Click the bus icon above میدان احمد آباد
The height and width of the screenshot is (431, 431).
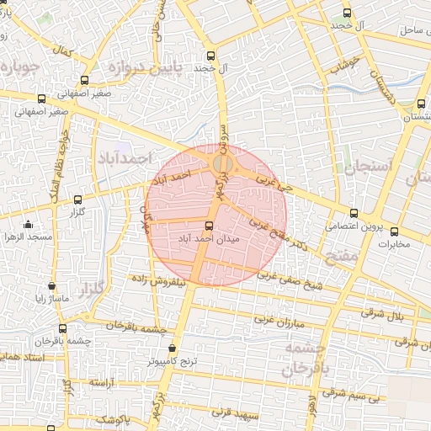pyautogui.click(x=210, y=226)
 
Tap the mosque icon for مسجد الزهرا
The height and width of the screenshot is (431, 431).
pyautogui.click(x=29, y=225)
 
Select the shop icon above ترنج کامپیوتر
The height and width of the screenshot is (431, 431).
pyautogui.click(x=173, y=348)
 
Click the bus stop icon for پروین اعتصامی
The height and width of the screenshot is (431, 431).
pyautogui.click(x=353, y=213)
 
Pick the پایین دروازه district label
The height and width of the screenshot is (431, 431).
pyautogui.click(x=149, y=68)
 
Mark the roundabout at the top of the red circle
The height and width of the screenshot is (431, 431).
pyautogui.click(x=222, y=162)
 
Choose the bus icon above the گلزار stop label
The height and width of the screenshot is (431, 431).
pyautogui.click(x=78, y=200)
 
